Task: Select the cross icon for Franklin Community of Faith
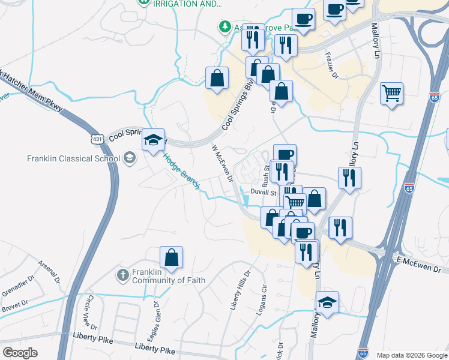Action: click(122, 276)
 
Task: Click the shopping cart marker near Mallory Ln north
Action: click(391, 93)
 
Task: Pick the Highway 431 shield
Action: click(97, 139)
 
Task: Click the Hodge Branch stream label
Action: click(181, 170)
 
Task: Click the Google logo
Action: click(20, 353)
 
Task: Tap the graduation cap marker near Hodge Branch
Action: click(153, 140)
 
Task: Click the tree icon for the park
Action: click(224, 27)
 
